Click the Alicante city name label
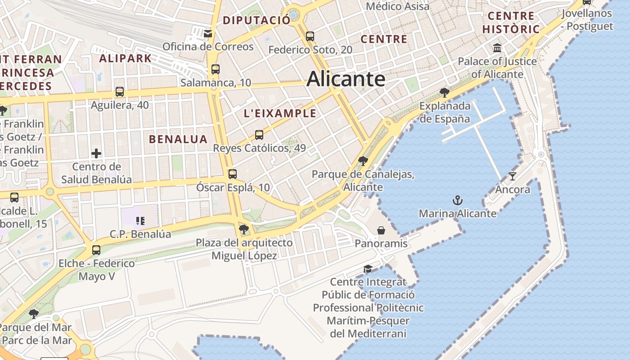click(346, 79)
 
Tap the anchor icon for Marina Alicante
click(458, 200)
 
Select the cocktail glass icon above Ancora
click(512, 176)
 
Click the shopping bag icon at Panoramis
click(381, 230)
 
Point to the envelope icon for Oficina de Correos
click(208, 33)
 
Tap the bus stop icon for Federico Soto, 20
click(310, 36)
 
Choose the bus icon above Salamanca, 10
click(216, 69)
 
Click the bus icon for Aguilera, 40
click(120, 92)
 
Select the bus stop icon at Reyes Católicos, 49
click(259, 135)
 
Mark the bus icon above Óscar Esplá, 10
click(233, 174)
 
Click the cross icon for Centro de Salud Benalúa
click(96, 153)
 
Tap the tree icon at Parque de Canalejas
click(363, 161)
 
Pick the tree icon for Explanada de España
click(445, 93)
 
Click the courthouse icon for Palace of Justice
click(497, 48)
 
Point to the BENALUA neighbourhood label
click(178, 139)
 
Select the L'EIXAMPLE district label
click(280, 113)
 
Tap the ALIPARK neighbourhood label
click(126, 58)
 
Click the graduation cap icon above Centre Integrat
click(368, 269)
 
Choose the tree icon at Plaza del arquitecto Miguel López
click(244, 229)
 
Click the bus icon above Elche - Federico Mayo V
click(96, 250)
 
